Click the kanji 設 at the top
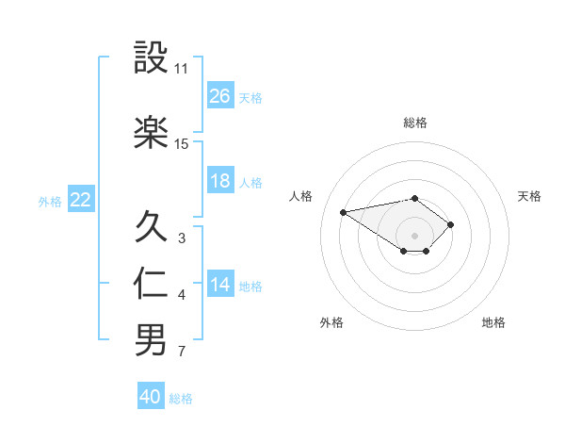151,59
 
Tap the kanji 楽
151,133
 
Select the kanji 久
151,226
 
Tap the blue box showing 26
220,96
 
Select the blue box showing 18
220,181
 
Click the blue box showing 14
220,285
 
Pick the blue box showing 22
81,200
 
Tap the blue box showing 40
151,397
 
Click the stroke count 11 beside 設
181,69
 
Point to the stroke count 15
181,144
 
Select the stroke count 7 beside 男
181,353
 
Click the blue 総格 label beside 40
181,399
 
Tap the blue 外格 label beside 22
50,201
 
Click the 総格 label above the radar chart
415,123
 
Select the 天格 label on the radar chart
529,196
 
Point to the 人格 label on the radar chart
301,196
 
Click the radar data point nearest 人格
344,211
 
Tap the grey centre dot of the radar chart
415,235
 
